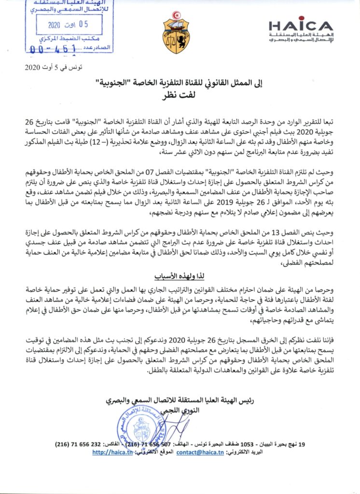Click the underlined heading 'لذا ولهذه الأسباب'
tap(180, 277)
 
